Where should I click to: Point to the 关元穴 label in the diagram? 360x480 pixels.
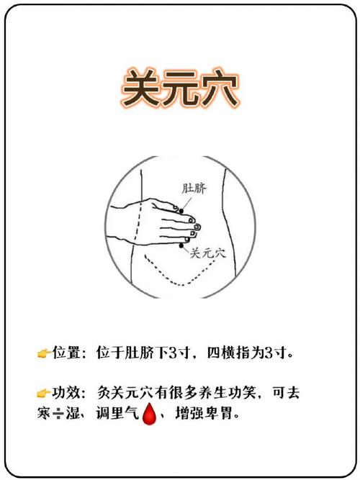(208, 253)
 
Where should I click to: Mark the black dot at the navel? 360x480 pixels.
(181, 209)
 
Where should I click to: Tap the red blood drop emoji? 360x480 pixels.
(150, 415)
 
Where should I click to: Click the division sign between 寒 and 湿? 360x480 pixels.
(57, 415)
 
